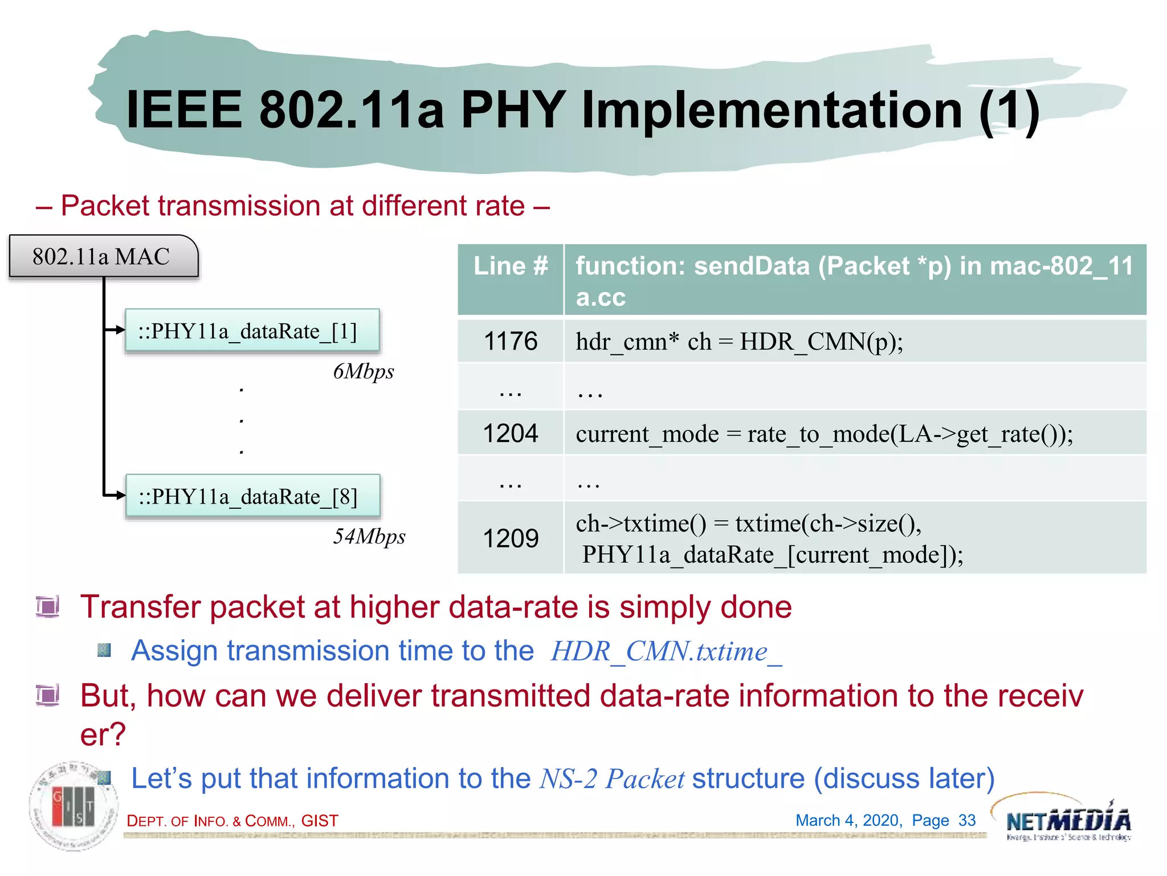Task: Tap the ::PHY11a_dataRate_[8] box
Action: (252, 496)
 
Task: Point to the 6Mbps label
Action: (364, 372)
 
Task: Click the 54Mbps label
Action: (369, 537)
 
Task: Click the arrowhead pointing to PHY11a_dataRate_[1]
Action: (120, 330)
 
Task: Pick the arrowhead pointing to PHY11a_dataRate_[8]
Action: (120, 495)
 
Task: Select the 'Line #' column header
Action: (511, 266)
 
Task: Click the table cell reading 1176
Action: (511, 341)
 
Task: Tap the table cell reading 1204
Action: (511, 433)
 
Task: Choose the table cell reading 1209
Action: (511, 538)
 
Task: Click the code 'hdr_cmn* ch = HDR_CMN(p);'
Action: (739, 342)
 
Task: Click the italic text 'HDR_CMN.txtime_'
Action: (666, 651)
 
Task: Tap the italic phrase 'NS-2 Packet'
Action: (611, 779)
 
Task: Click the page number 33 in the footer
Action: (967, 820)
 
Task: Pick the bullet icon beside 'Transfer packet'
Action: (48, 606)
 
